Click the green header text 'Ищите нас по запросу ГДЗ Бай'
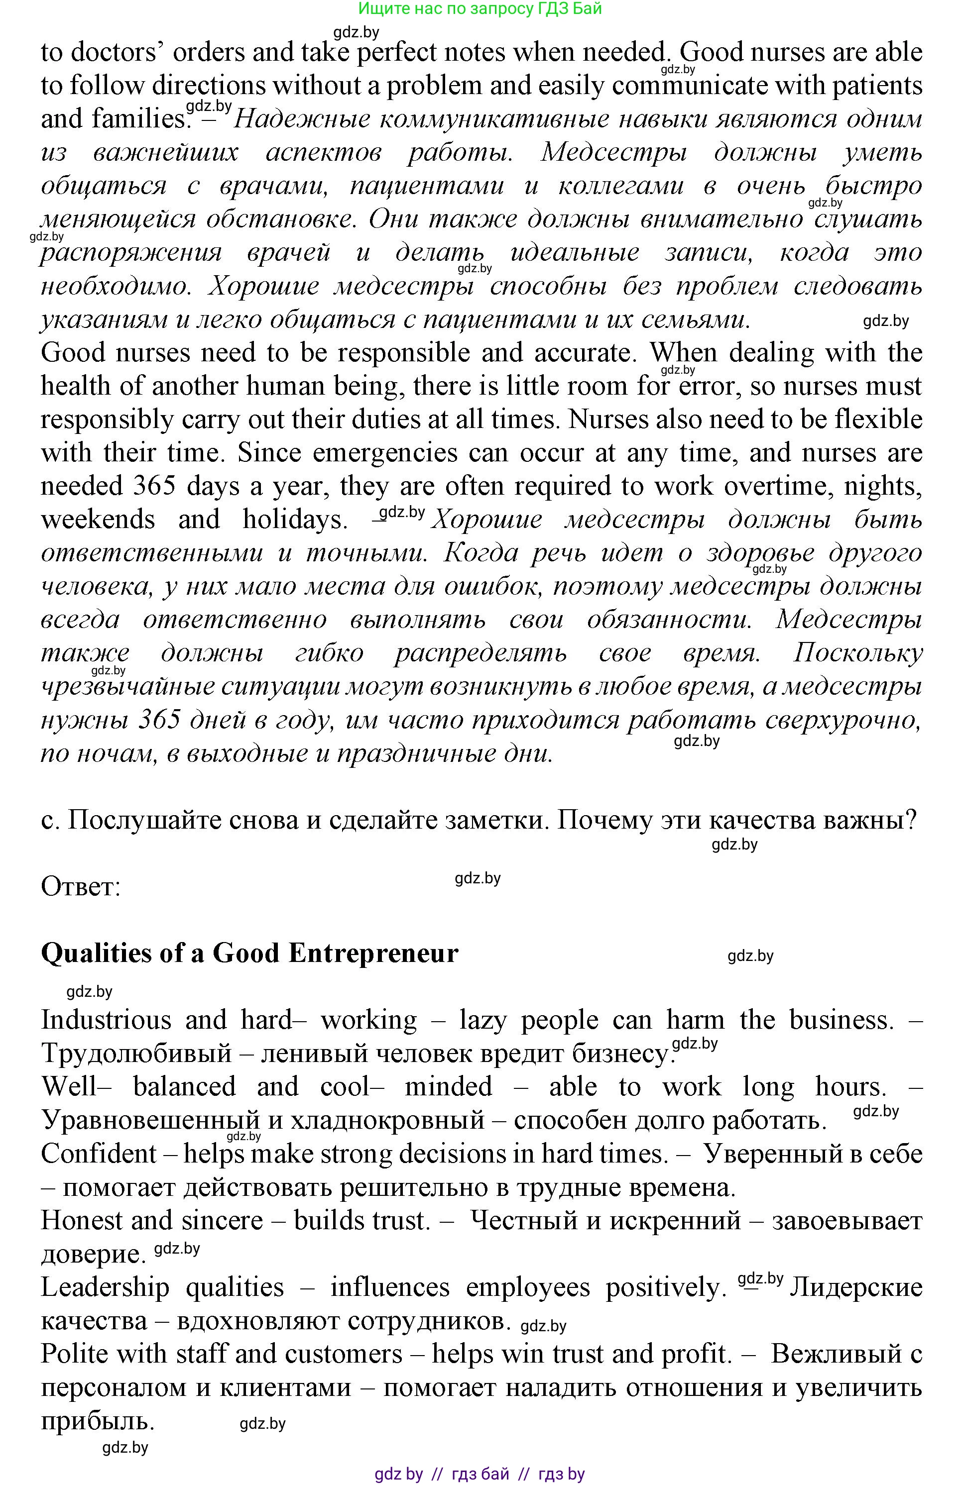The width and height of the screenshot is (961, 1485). [480, 9]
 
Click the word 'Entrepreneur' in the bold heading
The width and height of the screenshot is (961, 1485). [373, 953]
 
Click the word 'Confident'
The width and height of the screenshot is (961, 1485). [98, 1154]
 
